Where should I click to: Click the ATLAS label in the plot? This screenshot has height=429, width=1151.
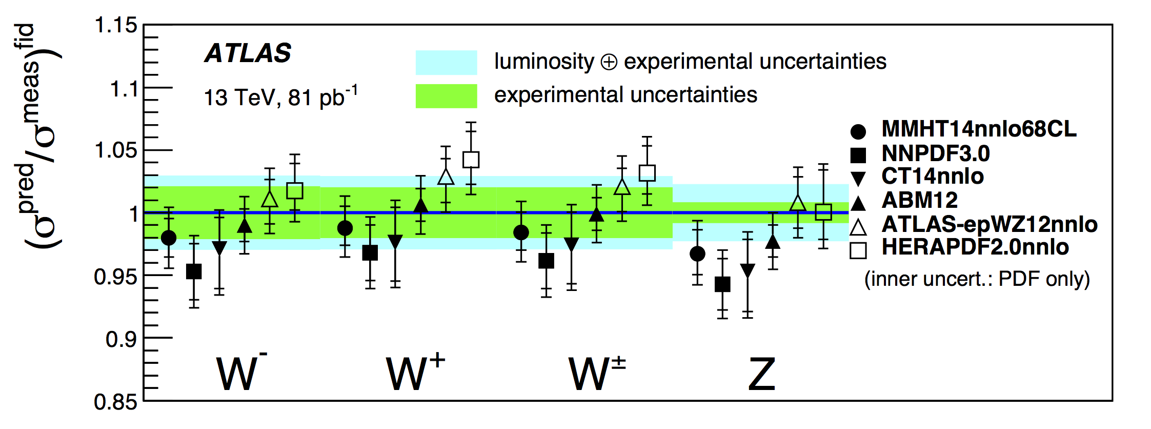(248, 53)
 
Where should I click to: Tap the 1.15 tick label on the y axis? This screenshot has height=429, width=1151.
(116, 25)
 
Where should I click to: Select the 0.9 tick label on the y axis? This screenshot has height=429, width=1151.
(122, 339)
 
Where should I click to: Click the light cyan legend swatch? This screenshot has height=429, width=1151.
(446, 63)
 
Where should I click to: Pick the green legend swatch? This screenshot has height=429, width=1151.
(446, 96)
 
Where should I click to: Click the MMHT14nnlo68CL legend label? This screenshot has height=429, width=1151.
(979, 129)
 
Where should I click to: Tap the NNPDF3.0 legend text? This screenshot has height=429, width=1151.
(935, 153)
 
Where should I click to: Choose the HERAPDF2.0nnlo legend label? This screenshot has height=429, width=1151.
(975, 247)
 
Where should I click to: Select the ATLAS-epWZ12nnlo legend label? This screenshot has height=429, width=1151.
(989, 224)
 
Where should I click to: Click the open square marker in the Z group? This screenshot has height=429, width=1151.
(823, 211)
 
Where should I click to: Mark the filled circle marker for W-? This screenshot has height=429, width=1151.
(169, 238)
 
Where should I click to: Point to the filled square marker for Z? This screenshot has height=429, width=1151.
(722, 284)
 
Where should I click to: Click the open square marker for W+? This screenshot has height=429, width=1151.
(471, 160)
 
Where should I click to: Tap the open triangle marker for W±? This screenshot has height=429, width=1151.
(622, 187)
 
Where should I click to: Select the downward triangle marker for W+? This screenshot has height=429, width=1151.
(395, 242)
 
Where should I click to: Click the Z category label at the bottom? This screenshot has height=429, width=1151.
(761, 374)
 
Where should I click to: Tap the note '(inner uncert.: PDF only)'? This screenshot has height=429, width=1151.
(977, 279)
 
